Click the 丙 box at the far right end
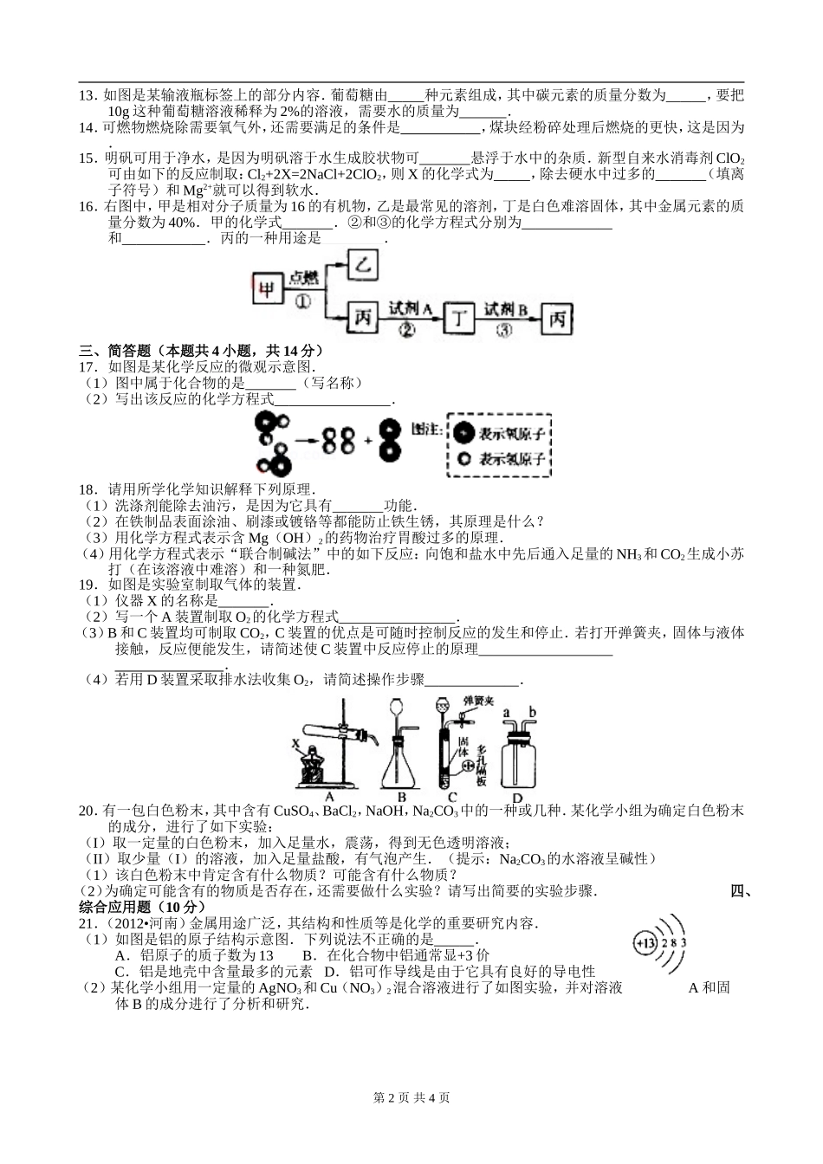(x=556, y=320)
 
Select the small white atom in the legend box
(x=464, y=459)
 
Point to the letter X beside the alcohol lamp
(x=296, y=742)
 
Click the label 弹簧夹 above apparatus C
(x=478, y=699)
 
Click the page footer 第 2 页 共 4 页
(x=411, y=1097)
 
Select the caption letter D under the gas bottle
(x=517, y=798)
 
